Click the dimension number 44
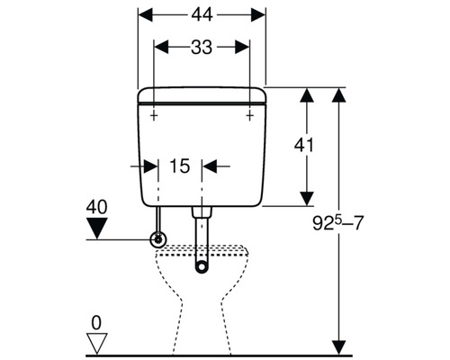click(202, 15)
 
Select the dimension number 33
click(202, 49)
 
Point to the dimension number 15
click(179, 166)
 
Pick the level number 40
click(96, 208)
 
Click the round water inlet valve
click(159, 239)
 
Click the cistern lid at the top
click(202, 94)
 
